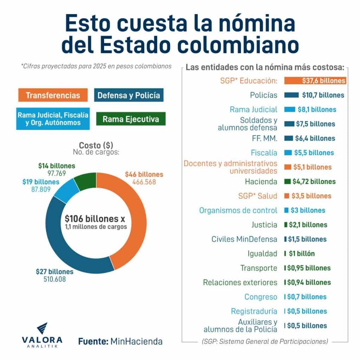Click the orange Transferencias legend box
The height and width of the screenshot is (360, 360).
click(53, 95)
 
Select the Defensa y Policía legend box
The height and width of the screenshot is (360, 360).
click(129, 95)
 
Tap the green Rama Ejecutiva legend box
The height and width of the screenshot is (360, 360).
click(131, 119)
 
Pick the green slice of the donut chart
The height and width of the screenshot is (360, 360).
click(85, 183)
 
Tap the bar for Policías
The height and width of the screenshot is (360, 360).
click(291, 95)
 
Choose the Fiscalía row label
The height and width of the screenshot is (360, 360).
click(264, 153)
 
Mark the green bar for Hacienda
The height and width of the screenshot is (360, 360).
click(287, 182)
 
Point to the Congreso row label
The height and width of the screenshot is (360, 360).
click(261, 297)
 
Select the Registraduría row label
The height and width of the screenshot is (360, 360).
click(254, 311)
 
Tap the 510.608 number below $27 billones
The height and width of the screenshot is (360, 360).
click(54, 279)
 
